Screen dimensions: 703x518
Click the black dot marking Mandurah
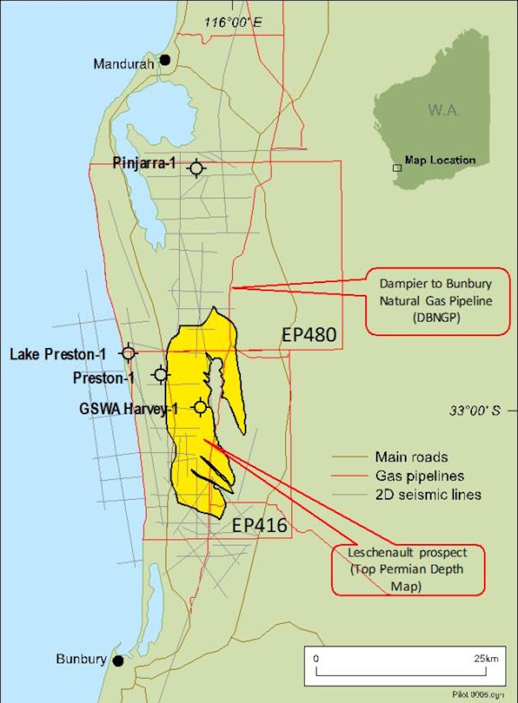pyautogui.click(x=165, y=60)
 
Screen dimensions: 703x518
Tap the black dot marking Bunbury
pyautogui.click(x=118, y=660)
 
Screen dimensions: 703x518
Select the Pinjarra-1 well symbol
pyautogui.click(x=196, y=168)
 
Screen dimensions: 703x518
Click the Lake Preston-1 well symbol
pyautogui.click(x=128, y=353)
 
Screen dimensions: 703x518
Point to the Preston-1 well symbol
pyautogui.click(x=161, y=375)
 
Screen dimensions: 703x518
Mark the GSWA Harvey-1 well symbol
pyautogui.click(x=200, y=407)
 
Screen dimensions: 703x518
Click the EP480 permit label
pyautogui.click(x=309, y=335)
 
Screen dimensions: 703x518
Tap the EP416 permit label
pyautogui.click(x=259, y=525)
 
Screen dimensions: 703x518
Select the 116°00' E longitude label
pyautogui.click(x=233, y=22)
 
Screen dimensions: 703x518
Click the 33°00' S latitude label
pyautogui.click(x=475, y=410)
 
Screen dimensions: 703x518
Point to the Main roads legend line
pyautogui.click(x=349, y=457)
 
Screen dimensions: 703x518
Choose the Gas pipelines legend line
pyautogui.click(x=349, y=476)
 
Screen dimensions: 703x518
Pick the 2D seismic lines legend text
pyautogui.click(x=428, y=495)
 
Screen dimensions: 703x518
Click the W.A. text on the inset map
pyautogui.click(x=443, y=110)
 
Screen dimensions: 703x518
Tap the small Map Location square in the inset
pyautogui.click(x=397, y=167)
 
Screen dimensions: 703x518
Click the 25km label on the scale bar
pyautogui.click(x=486, y=659)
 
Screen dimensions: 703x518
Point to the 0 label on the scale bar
pyautogui.click(x=316, y=659)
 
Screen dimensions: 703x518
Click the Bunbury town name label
pyautogui.click(x=81, y=659)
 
